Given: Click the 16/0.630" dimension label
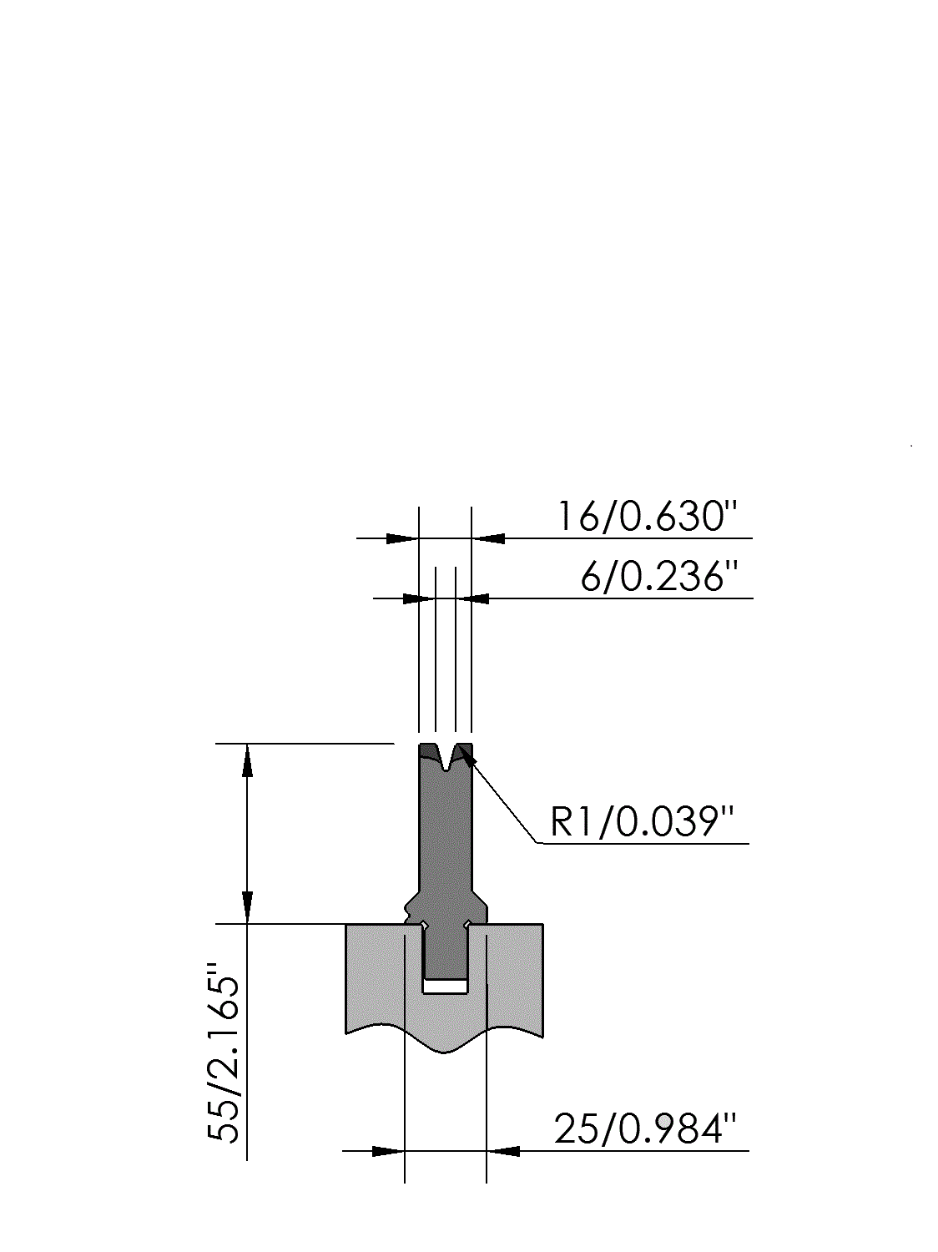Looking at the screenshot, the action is coord(648,516).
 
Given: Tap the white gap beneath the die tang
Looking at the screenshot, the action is coord(446,987).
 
